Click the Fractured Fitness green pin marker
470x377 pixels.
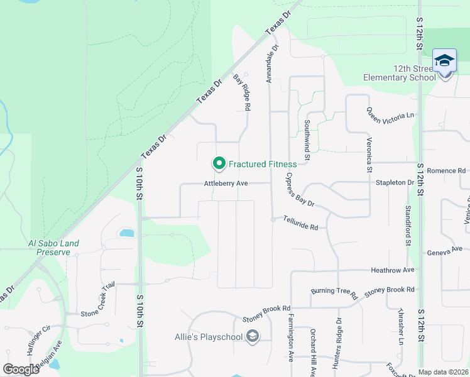point(219,164)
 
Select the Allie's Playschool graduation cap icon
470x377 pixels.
point(252,337)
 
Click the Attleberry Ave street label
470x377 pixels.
point(226,183)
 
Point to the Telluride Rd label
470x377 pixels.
point(300,222)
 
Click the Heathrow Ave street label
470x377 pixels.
point(393,270)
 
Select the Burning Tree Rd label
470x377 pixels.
point(334,293)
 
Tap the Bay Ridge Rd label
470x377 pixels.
point(243,92)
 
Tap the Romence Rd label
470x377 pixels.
point(446,170)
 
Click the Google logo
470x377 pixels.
point(21,369)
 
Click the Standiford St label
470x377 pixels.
point(408,224)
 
